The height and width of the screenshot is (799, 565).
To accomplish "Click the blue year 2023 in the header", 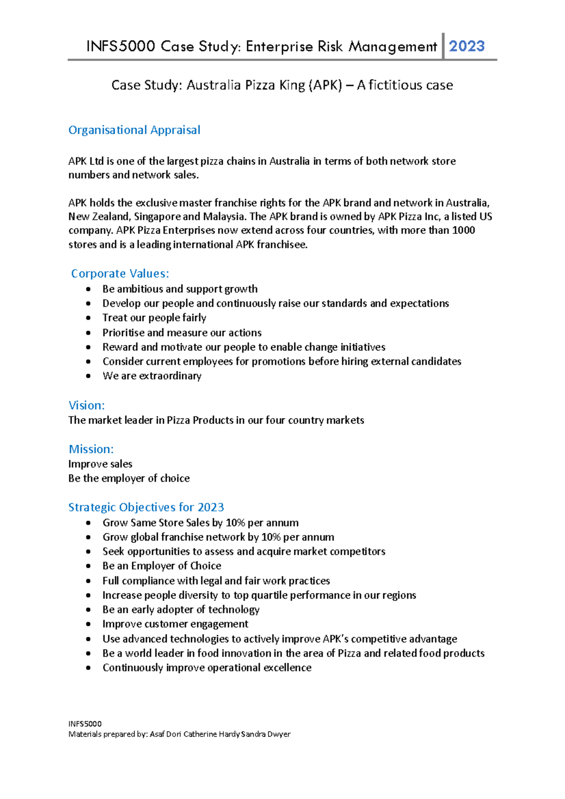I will pos(467,46).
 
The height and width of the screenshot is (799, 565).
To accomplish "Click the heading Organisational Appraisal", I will pos(134,130).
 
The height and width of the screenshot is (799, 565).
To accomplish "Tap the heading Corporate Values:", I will pos(120,273).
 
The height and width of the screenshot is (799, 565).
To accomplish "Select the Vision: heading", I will pos(87,405).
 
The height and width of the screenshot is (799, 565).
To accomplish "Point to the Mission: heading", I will pos(91,449).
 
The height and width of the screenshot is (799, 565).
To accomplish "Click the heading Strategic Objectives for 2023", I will pos(146,507).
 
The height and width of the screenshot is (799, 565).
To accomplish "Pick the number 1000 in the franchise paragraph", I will pos(463,230).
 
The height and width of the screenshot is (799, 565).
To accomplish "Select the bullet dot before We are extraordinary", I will pos(89,376).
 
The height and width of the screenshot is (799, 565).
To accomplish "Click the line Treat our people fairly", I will pos(154,318).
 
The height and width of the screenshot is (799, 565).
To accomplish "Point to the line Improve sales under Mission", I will pos(100,464).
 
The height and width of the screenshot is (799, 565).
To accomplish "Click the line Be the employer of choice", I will pos(129,478).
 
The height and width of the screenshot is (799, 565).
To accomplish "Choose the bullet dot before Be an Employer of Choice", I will pos(89,566).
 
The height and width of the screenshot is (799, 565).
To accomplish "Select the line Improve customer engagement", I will pos(175,624).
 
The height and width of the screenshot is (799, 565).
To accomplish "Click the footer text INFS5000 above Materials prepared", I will pos(85,724).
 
